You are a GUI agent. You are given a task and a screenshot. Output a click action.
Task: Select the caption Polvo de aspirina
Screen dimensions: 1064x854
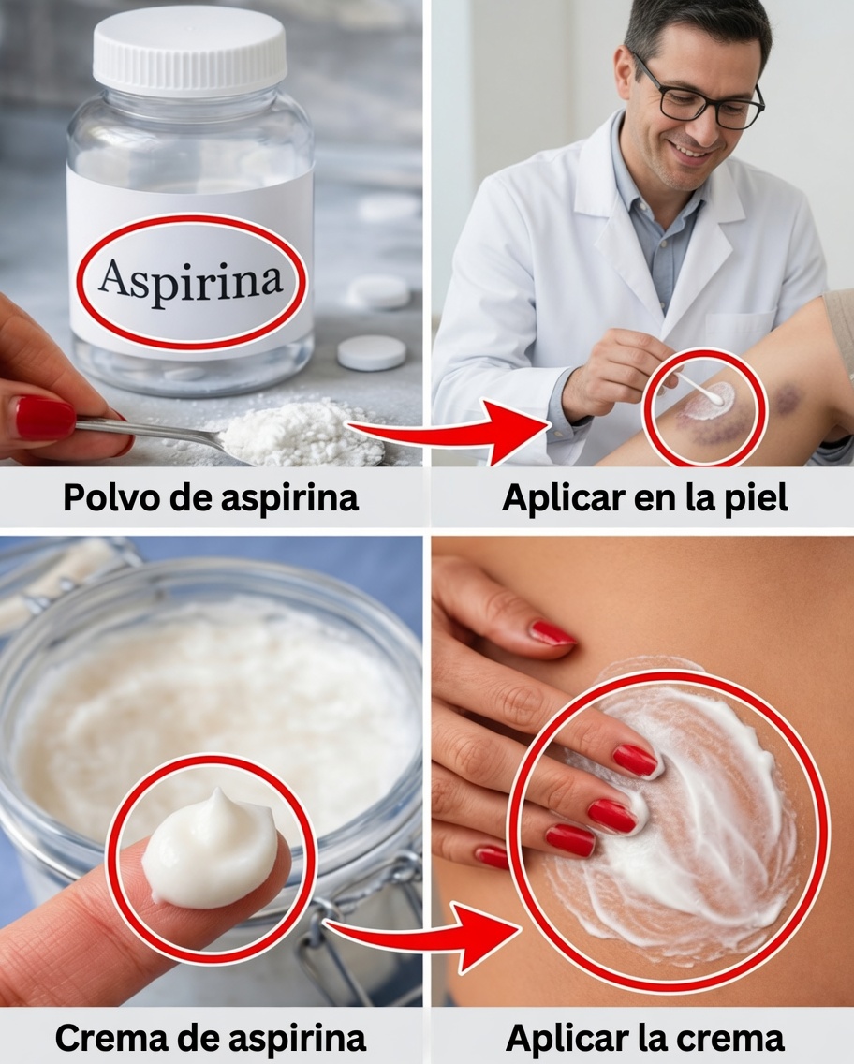pos(211,497)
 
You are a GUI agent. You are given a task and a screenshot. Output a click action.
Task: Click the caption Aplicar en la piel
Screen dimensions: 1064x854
pos(644,497)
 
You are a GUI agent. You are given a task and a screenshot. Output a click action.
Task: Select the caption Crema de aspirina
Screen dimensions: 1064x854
pos(211,1037)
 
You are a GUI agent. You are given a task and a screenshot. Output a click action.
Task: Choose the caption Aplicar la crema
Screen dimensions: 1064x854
pos(644,1037)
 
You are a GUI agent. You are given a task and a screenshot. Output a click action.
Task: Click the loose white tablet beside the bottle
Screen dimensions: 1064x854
pos(371,352)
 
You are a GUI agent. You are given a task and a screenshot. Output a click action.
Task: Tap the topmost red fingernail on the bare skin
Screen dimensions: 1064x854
pos(552,634)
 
